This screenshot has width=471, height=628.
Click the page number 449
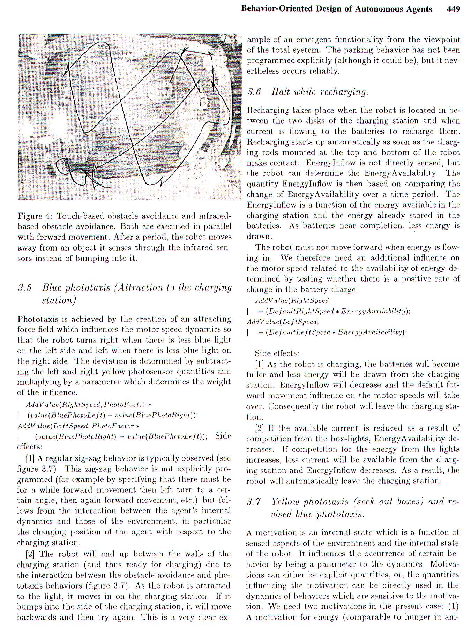(x=453, y=9)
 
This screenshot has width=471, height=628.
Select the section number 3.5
(x=25, y=288)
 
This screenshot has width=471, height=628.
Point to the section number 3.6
(x=254, y=92)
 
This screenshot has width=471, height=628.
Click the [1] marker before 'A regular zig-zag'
(x=30, y=458)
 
